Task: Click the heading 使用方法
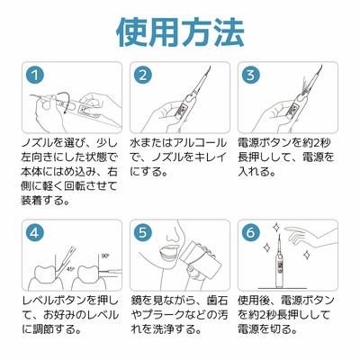[x=180, y=32]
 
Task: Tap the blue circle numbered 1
[x=35, y=76]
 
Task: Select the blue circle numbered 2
[x=143, y=76]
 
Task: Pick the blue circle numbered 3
[x=251, y=76]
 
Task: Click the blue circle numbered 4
[x=35, y=232]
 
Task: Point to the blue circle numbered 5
[x=143, y=232]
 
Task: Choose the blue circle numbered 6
[x=251, y=232]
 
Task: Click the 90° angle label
[x=105, y=256]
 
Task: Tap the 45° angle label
[x=70, y=268]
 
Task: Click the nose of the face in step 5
[x=172, y=237]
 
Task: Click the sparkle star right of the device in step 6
[x=307, y=256]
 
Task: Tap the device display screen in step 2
[x=182, y=112]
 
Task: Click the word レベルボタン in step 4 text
[x=55, y=300]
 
